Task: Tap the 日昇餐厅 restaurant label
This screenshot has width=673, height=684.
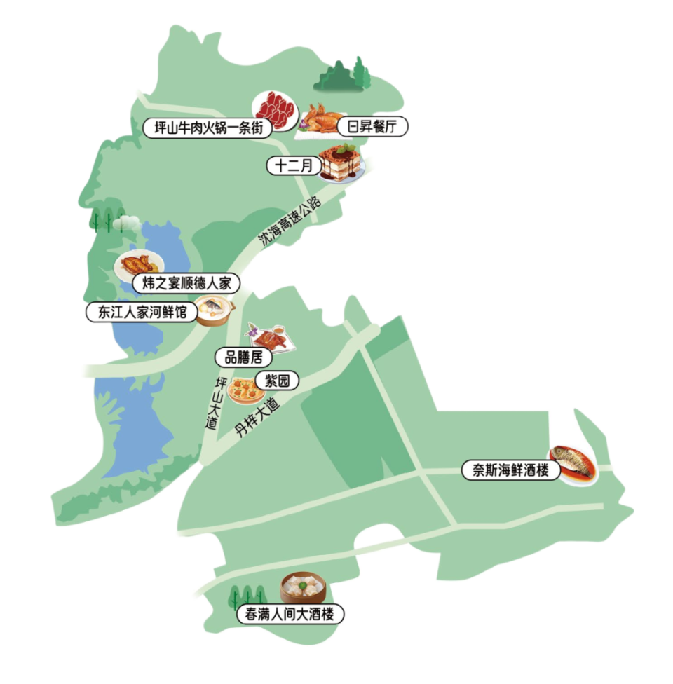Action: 373,128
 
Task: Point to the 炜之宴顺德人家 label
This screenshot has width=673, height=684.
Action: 186,284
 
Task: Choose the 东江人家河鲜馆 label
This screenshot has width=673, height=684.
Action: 140,312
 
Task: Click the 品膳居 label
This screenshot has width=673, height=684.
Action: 243,357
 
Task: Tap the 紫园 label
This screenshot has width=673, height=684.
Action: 277,381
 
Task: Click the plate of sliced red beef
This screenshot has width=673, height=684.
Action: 276,109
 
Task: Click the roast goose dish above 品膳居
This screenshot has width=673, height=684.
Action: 265,337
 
